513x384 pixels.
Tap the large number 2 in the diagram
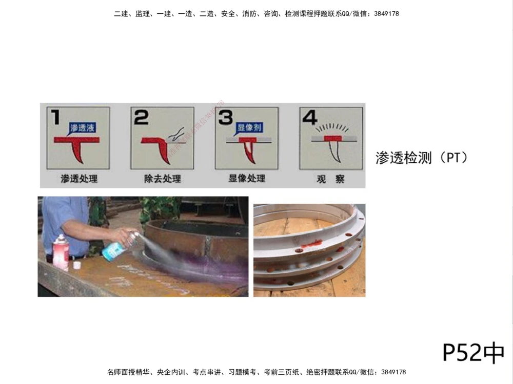click(x=141, y=117)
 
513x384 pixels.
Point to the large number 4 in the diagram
click(x=309, y=117)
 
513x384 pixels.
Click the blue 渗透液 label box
click(x=83, y=127)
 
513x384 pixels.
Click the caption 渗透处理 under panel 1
click(x=78, y=179)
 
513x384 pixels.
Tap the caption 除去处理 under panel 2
click(x=162, y=179)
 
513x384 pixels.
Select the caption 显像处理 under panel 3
click(x=247, y=179)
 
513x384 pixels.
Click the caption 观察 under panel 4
click(x=330, y=179)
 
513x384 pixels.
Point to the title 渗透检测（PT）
click(x=422, y=158)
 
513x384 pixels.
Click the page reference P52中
click(x=473, y=353)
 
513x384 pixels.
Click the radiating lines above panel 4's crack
click(x=331, y=126)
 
